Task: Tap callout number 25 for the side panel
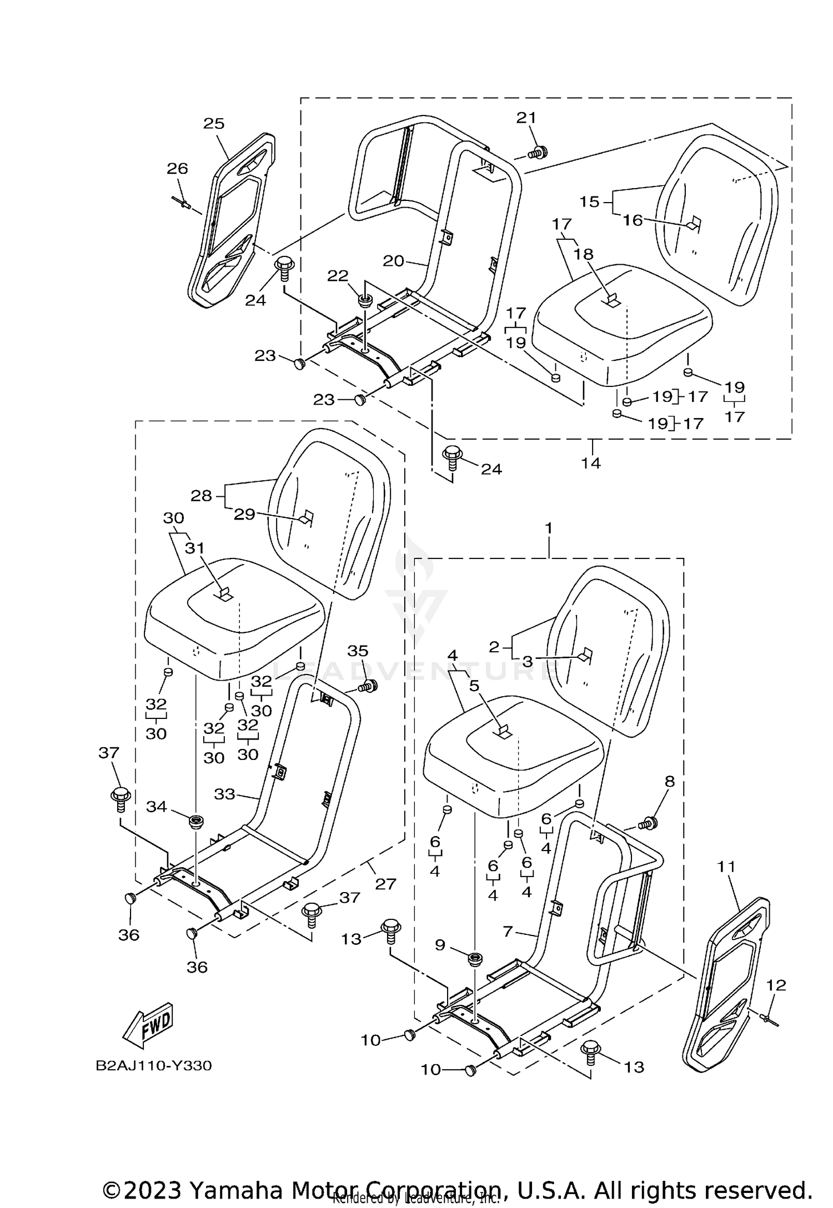pyautogui.click(x=214, y=123)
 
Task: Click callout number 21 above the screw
pyautogui.click(x=526, y=118)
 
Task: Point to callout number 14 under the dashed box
pyautogui.click(x=591, y=462)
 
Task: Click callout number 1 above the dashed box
pyautogui.click(x=549, y=528)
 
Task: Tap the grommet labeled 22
pyautogui.click(x=364, y=300)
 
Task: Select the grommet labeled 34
pyautogui.click(x=195, y=821)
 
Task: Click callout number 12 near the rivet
pyautogui.click(x=776, y=985)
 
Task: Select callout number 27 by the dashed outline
pyautogui.click(x=385, y=884)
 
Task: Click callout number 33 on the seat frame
pyautogui.click(x=224, y=794)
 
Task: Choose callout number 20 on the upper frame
pyautogui.click(x=393, y=260)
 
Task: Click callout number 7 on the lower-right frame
pyautogui.click(x=508, y=931)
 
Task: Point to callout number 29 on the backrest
pyautogui.click(x=244, y=515)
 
